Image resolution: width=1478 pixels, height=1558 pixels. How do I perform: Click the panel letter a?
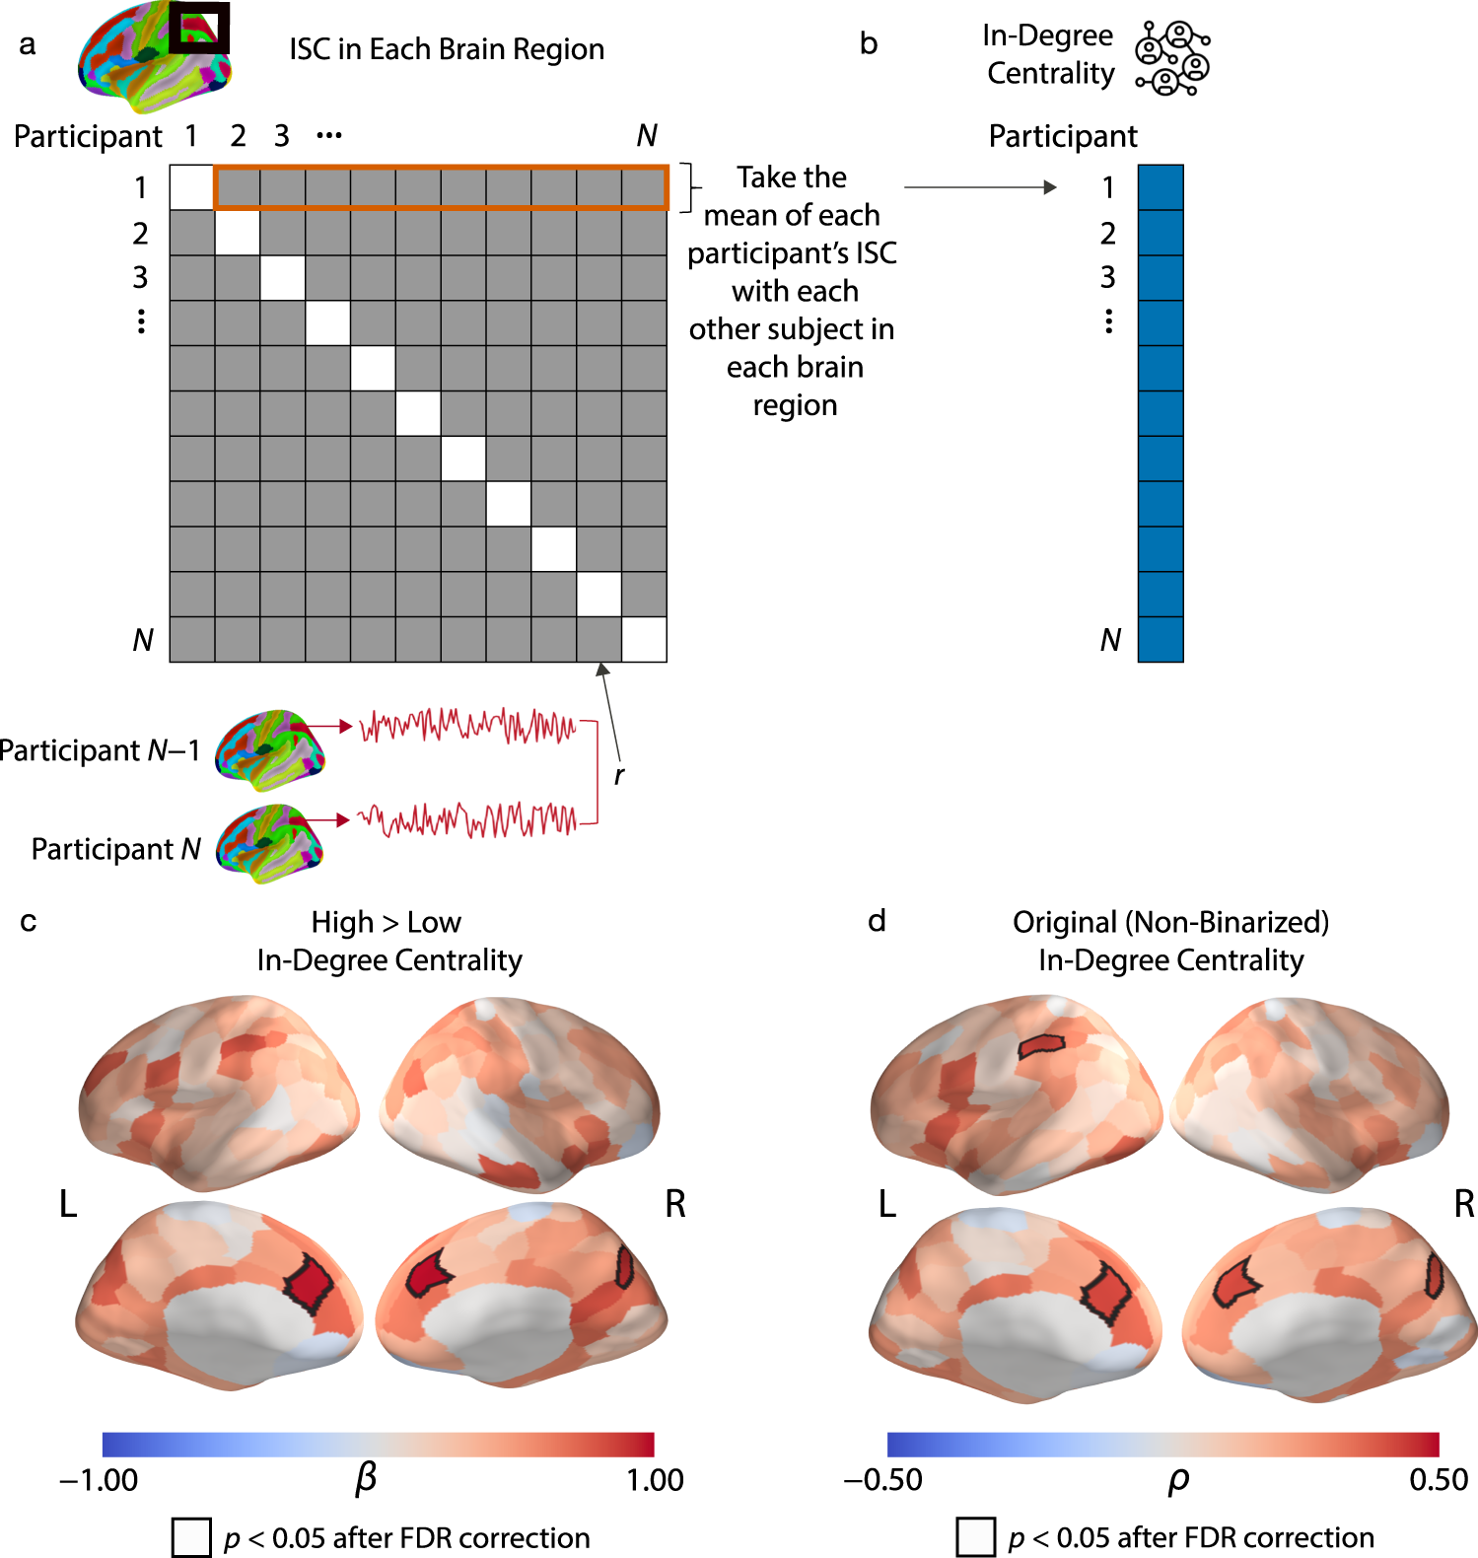(x=28, y=45)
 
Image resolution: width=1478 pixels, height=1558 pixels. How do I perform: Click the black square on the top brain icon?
(x=199, y=28)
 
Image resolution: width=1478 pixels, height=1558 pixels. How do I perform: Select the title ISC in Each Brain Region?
(x=446, y=49)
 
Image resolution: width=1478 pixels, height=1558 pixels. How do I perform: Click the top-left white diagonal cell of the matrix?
(x=192, y=187)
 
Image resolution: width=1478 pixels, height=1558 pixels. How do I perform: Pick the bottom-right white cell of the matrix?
(x=644, y=639)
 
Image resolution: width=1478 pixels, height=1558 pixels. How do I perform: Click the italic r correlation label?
(x=618, y=776)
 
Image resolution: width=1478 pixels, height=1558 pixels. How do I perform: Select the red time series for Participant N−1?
(x=467, y=727)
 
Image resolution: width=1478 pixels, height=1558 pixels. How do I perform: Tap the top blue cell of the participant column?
(x=1161, y=187)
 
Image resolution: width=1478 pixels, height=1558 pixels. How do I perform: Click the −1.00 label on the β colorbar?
(x=99, y=1480)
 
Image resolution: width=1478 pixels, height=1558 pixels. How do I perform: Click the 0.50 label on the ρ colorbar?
(x=1439, y=1480)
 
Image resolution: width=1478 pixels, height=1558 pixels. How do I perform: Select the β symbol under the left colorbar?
(x=365, y=1478)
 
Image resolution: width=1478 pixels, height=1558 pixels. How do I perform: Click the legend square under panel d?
(x=975, y=1537)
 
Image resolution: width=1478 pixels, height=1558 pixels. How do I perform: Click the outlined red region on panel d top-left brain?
(x=1041, y=1045)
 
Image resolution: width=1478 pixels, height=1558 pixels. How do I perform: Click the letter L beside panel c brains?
(x=68, y=1204)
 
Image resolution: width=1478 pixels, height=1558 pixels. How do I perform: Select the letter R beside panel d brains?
(x=1463, y=1204)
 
